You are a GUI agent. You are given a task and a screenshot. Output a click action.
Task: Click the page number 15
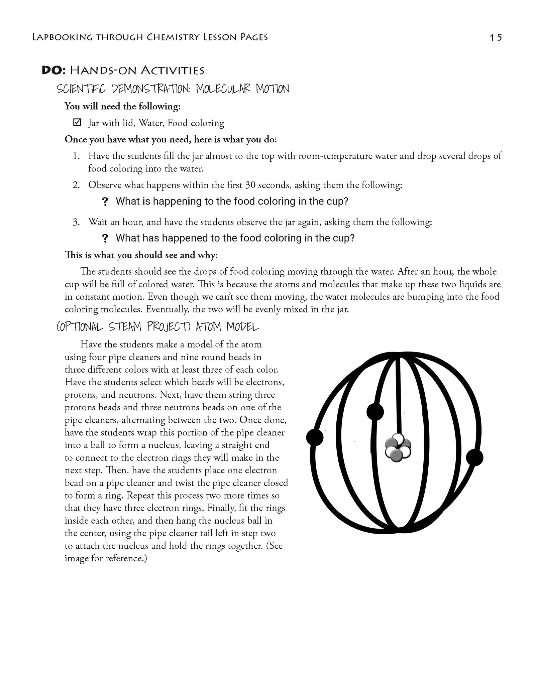496,37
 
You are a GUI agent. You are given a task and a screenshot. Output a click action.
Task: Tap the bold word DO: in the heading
55,71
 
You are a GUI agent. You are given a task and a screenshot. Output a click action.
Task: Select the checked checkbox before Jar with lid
77,123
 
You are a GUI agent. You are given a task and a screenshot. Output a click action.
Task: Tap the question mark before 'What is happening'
105,202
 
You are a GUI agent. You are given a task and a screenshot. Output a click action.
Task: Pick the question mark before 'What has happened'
105,239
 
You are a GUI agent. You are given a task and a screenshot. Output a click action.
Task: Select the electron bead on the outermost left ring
315,437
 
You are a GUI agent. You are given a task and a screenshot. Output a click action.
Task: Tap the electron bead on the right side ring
474,458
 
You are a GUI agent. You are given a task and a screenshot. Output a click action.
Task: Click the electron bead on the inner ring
375,411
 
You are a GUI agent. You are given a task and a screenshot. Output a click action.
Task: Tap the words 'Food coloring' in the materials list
196,123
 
